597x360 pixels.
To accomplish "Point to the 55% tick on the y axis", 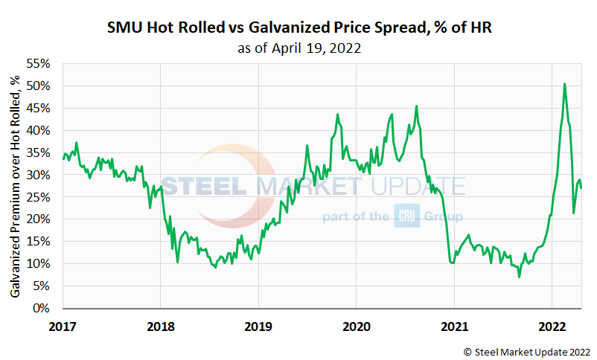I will click(40, 64).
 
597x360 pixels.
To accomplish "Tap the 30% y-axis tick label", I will click(40, 176).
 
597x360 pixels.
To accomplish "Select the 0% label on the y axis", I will click(43, 309).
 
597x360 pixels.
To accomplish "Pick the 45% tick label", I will click(40, 109).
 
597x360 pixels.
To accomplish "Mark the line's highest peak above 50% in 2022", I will click(564, 84).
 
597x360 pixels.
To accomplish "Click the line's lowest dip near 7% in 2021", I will click(519, 277).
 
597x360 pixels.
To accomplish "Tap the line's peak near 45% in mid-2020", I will click(416, 106).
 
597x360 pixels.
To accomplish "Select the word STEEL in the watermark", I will click(206, 186).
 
